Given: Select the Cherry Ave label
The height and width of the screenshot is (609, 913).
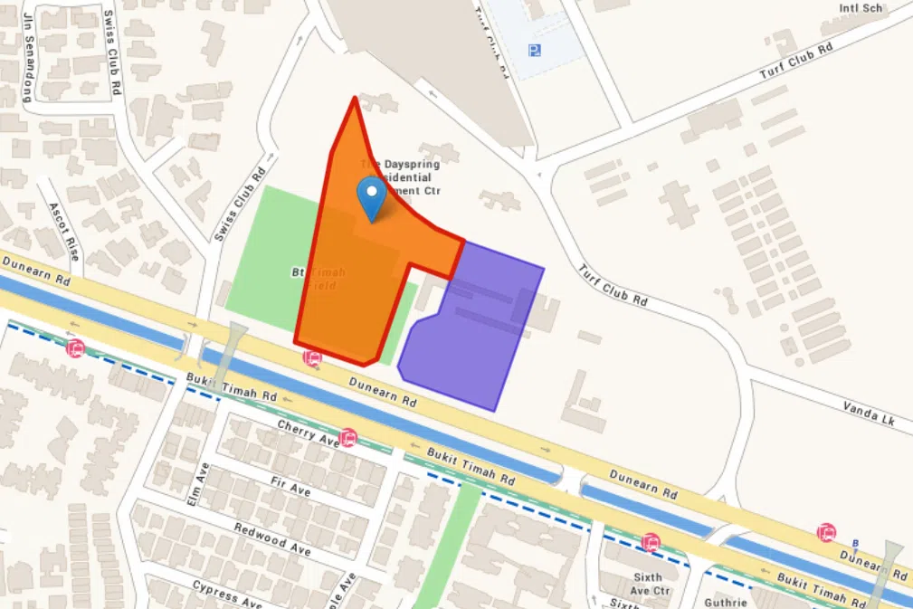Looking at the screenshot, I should [x=308, y=431].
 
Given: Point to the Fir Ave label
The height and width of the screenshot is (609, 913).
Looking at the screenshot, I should [x=290, y=489].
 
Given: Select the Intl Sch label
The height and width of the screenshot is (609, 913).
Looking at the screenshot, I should [x=861, y=8].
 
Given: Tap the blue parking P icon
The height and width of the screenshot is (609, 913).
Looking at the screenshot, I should [x=536, y=51].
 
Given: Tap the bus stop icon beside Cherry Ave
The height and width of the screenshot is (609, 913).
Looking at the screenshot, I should [x=347, y=438].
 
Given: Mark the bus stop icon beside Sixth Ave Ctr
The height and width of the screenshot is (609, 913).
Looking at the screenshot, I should [x=650, y=543].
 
